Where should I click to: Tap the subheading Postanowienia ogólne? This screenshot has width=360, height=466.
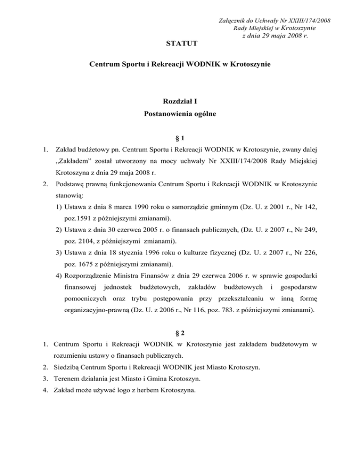[x=180, y=113]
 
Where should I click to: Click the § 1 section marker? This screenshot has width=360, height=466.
[x=180, y=138]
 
